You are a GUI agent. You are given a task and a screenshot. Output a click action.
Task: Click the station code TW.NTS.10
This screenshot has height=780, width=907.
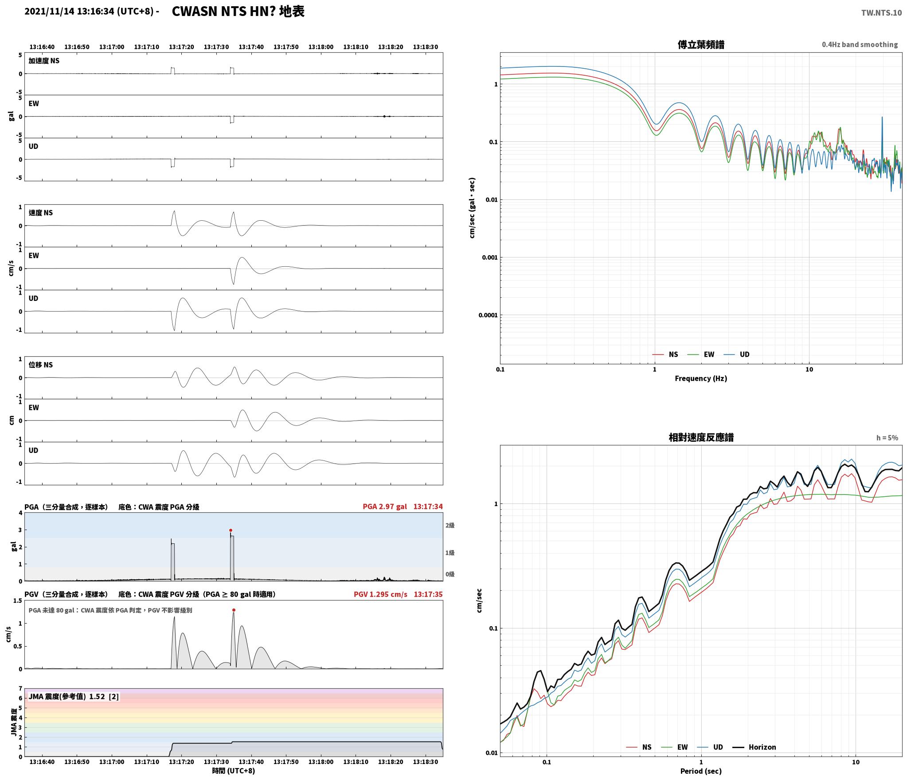click(x=881, y=12)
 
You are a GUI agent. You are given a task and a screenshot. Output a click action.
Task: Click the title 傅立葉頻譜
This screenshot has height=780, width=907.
click(x=701, y=44)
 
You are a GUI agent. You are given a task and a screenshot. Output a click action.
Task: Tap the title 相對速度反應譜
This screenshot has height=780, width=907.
click(x=701, y=437)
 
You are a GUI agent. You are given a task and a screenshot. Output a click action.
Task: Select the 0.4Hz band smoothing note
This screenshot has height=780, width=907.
click(x=860, y=44)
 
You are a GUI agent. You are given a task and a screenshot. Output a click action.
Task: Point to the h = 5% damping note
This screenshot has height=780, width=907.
click(x=887, y=438)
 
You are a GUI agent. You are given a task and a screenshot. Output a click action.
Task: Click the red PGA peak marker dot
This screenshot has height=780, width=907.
click(x=231, y=530)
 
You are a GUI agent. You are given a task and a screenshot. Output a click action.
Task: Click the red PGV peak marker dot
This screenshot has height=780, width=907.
click(x=234, y=610)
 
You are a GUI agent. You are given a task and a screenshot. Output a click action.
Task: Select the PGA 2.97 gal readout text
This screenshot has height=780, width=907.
click(x=384, y=507)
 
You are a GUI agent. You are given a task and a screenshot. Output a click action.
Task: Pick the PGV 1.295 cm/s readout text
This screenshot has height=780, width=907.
click(x=380, y=594)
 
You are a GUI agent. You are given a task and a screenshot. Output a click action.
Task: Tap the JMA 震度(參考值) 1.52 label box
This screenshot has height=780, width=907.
click(x=74, y=696)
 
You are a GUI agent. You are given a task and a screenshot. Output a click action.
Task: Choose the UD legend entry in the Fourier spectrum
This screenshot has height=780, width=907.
click(x=736, y=355)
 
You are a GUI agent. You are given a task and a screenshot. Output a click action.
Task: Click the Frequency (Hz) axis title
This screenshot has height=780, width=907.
click(x=701, y=378)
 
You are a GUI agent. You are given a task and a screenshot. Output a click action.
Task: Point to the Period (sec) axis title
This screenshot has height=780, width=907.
click(x=701, y=771)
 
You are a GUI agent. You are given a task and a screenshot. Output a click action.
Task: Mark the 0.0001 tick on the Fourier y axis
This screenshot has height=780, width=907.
click(x=488, y=315)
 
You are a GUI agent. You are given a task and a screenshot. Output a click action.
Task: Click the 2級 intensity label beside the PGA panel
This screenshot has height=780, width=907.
click(x=450, y=525)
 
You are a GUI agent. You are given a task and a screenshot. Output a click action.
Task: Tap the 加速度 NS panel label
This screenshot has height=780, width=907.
click(x=44, y=61)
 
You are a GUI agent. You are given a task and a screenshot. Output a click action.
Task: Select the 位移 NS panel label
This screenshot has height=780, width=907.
click(x=41, y=365)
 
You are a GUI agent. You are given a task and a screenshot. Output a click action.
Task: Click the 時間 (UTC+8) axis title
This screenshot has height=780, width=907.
click(x=234, y=771)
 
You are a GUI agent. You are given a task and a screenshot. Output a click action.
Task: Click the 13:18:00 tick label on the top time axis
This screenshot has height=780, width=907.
click(x=321, y=47)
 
